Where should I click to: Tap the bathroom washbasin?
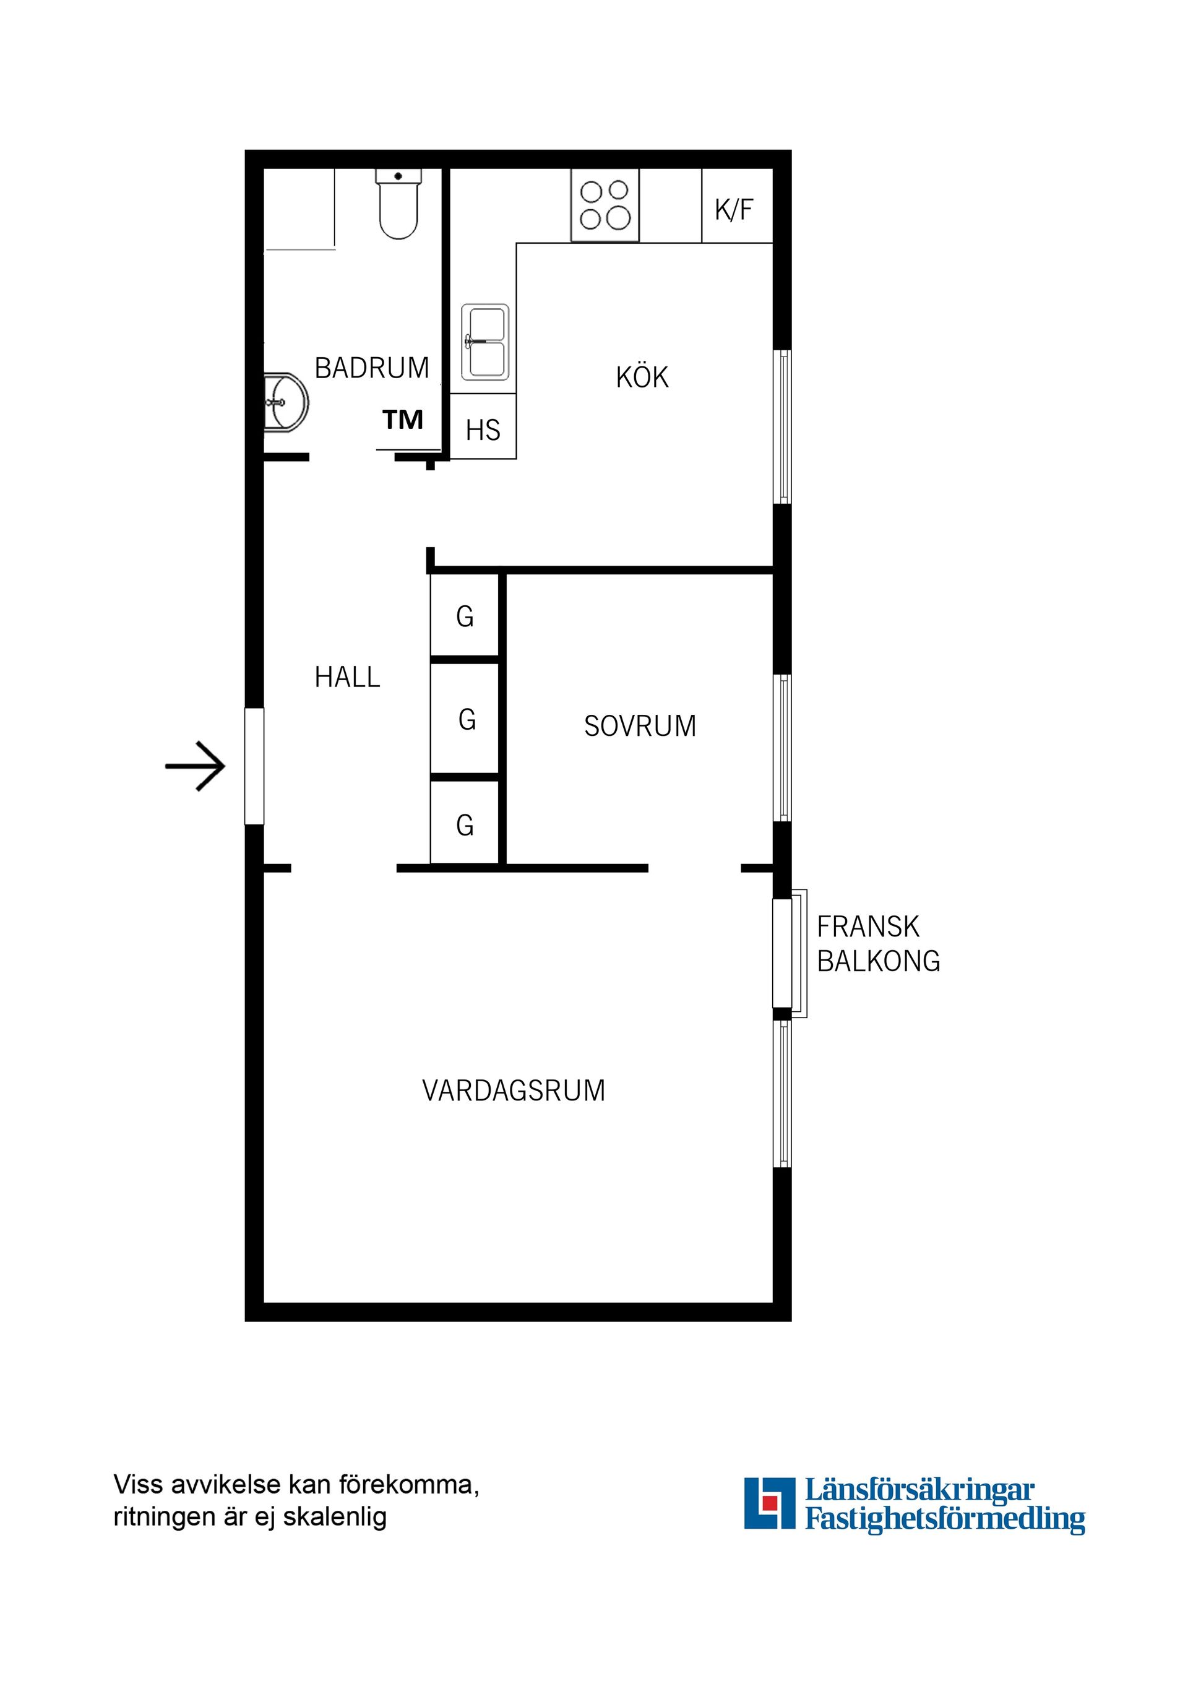coord(286,403)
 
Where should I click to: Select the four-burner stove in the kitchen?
coord(605,205)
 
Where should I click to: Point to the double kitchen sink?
coord(484,343)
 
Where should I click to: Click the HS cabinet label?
coord(483,431)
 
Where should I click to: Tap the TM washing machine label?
coord(403,420)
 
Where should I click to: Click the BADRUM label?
coord(372,368)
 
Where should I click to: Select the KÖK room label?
coord(642,378)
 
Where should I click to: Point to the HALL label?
coord(347,677)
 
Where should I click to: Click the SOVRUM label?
coord(640,726)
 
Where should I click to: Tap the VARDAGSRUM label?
coord(513,1091)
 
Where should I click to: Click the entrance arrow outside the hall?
coord(196,766)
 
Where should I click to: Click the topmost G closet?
coord(465,617)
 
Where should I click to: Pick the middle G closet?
coord(467,720)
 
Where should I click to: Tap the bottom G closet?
coord(465,825)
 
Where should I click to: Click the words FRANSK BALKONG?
coord(877,944)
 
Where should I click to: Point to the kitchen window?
coord(783,427)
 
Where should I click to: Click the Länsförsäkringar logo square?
coord(768,1503)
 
